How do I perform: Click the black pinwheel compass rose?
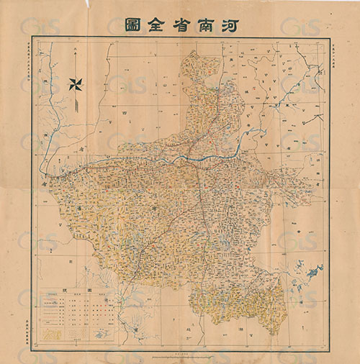tap(76, 83)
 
